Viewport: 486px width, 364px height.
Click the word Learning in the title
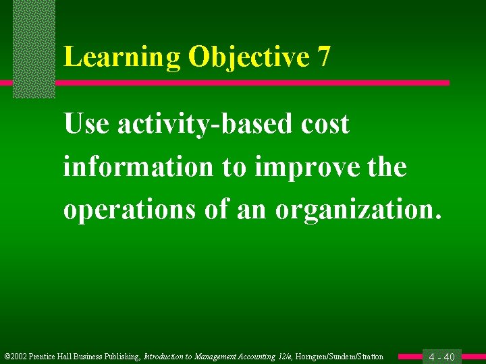(122, 57)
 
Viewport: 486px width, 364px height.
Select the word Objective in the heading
(248, 57)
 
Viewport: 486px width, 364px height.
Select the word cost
(325, 125)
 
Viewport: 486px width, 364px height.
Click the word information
(138, 167)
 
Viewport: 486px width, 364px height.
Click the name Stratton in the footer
(369, 357)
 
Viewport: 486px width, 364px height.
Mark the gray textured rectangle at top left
(34, 47)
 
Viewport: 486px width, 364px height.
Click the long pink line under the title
(250, 83)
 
